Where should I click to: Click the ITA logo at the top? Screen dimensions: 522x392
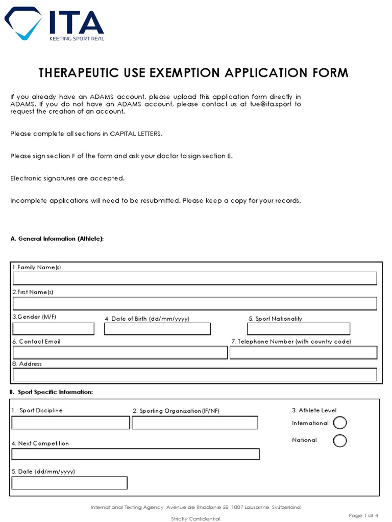click(54, 24)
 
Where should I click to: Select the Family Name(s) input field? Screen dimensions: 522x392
click(194, 278)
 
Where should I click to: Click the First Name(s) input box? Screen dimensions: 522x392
click(194, 303)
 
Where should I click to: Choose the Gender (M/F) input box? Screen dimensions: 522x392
click(53, 329)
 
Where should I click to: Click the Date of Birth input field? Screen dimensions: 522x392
click(157, 329)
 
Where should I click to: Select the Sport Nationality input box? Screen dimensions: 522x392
click(299, 329)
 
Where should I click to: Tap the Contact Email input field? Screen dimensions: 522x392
click(120, 353)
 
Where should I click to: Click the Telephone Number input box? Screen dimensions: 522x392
click(303, 353)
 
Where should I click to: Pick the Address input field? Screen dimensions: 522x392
click(194, 375)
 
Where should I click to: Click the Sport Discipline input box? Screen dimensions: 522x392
click(70, 423)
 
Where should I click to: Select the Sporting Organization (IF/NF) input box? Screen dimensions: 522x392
click(194, 423)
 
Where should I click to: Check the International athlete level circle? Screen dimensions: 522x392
click(339, 423)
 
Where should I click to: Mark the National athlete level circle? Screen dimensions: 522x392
click(339, 440)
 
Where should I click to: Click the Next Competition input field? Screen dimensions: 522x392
click(135, 454)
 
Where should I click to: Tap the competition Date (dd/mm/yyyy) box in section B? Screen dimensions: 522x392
click(69, 483)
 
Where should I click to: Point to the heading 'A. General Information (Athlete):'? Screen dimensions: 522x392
click(57, 239)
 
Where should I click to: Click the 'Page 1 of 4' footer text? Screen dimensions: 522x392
click(363, 515)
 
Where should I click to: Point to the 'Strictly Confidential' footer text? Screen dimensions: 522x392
click(195, 518)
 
